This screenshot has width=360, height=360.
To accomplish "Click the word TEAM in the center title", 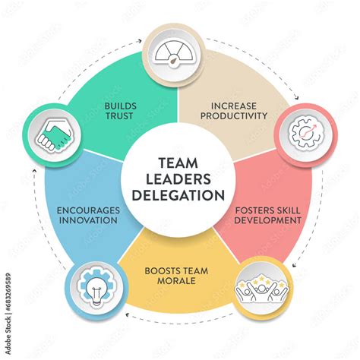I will [x=180, y=161].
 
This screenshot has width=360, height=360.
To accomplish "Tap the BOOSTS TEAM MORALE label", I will [x=180, y=276].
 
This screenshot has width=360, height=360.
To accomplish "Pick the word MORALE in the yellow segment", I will [x=180, y=281].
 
